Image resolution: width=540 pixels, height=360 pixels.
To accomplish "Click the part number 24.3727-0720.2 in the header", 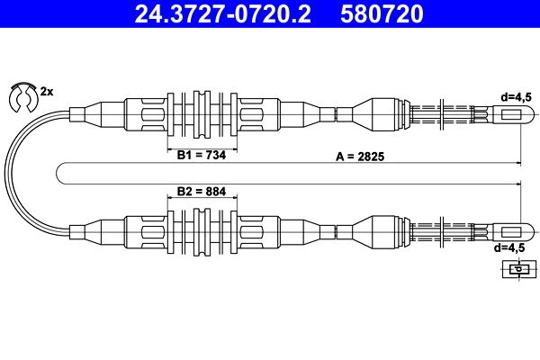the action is (223, 13).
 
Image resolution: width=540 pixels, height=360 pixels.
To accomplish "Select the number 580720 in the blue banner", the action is (382, 13).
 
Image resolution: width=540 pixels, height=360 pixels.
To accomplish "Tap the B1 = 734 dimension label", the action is (202, 155).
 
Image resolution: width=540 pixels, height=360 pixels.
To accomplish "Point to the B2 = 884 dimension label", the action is (202, 191).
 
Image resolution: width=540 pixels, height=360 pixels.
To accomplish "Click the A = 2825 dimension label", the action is (360, 157).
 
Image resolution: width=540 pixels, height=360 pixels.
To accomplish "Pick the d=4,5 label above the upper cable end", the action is (516, 97).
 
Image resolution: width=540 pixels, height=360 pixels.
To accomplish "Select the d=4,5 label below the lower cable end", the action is (509, 247).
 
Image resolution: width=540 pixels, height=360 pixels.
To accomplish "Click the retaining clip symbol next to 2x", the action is (22, 97).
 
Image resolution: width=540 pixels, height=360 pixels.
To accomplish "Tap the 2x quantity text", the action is (47, 92).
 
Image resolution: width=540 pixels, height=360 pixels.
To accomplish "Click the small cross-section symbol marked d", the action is (519, 269).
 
